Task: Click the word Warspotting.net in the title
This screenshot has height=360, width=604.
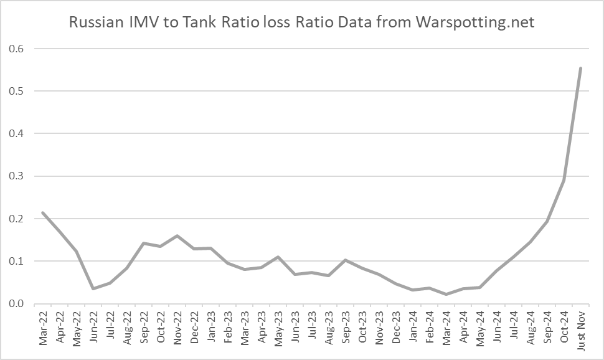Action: pyautogui.click(x=475, y=23)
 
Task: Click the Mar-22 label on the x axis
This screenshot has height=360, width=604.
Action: pyautogui.click(x=42, y=326)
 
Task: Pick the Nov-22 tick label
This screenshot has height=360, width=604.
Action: pyautogui.click(x=177, y=326)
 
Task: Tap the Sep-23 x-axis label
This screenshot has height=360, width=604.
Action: pyautogui.click(x=345, y=326)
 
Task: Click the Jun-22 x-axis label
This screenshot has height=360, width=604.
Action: pyautogui.click(x=93, y=326)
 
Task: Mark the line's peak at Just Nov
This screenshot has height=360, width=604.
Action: pyautogui.click(x=580, y=68)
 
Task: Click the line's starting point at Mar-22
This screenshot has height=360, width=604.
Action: pyautogui.click(x=42, y=213)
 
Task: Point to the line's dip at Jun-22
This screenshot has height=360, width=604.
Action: pyautogui.click(x=93, y=288)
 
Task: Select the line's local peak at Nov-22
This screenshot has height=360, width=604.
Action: pyautogui.click(x=177, y=236)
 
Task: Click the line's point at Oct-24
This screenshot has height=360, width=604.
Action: pyautogui.click(x=564, y=180)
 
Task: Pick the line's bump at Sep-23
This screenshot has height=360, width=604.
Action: pyautogui.click(x=345, y=260)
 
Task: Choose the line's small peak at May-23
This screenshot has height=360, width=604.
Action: pyautogui.click(x=278, y=257)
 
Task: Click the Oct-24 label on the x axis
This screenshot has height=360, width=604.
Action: pyautogui.click(x=564, y=326)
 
